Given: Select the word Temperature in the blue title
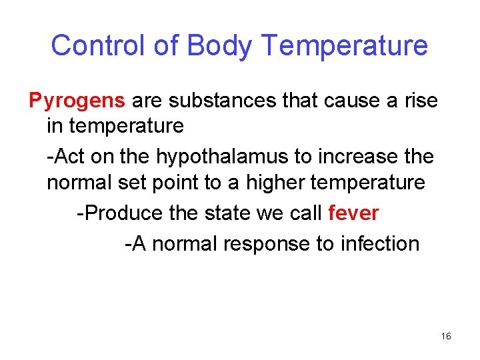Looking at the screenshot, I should (x=345, y=45).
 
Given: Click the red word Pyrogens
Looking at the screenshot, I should (x=77, y=101).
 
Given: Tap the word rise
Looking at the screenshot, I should (x=423, y=101).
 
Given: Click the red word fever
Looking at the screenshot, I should (x=353, y=213).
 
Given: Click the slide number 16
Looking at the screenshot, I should (x=446, y=337).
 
